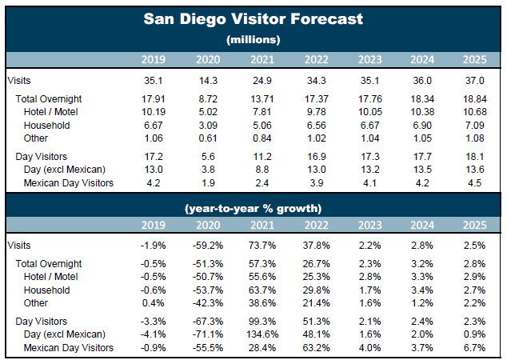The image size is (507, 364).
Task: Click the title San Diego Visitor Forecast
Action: [253, 18]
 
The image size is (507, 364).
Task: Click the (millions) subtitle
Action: [253, 38]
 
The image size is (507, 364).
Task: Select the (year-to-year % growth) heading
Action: [253, 208]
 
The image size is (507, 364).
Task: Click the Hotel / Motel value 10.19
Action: [153, 112]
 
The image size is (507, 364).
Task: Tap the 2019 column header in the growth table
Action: [154, 226]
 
